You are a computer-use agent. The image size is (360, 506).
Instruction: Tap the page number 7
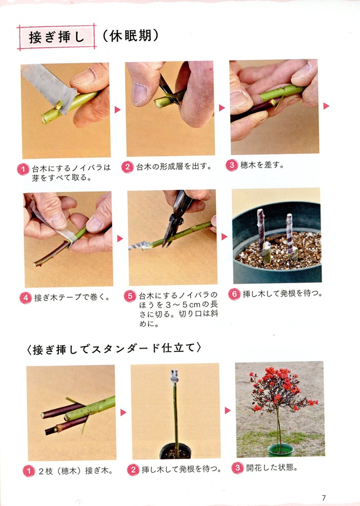click(x=324, y=497)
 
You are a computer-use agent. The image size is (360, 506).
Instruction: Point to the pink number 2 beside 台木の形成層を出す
click(x=128, y=166)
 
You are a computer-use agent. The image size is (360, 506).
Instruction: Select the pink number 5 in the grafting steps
click(x=130, y=296)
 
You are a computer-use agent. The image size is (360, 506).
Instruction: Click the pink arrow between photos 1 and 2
click(x=118, y=109)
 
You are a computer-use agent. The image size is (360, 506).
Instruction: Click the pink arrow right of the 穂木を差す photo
click(x=326, y=105)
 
